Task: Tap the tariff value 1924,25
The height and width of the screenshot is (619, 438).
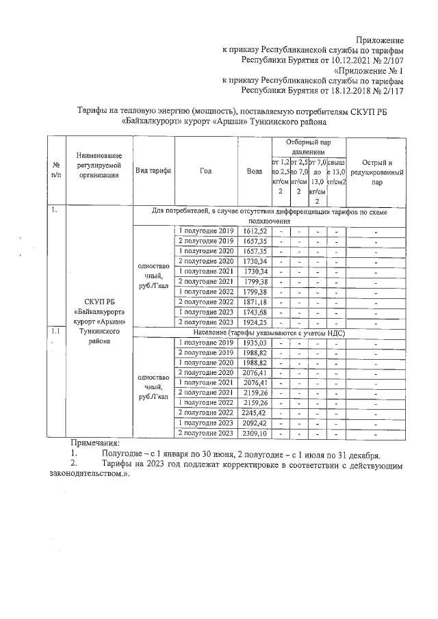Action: (254, 321)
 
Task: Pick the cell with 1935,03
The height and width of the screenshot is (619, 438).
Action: (254, 342)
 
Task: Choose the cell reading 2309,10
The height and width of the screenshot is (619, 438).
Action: (254, 433)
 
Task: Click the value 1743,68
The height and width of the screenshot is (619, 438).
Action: (254, 312)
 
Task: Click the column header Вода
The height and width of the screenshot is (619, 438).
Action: (254, 170)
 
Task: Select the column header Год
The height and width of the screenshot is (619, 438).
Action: (206, 170)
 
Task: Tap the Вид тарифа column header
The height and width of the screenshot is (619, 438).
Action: (153, 170)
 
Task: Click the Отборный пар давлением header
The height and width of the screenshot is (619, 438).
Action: (309, 146)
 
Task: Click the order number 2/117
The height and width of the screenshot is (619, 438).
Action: (387, 90)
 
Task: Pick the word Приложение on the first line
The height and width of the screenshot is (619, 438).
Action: (380, 40)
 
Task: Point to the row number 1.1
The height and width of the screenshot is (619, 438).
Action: (55, 332)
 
